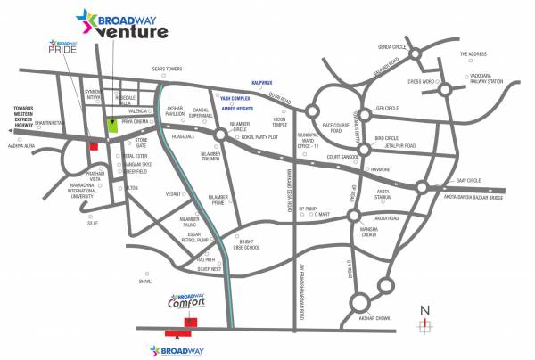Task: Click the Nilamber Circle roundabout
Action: (x=219, y=135)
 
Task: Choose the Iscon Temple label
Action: (x=280, y=121)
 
